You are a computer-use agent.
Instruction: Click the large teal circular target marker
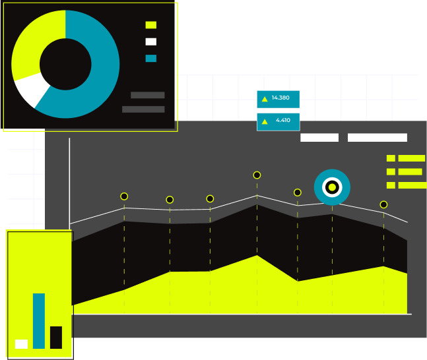(332, 187)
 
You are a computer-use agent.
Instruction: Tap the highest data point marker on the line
(257, 175)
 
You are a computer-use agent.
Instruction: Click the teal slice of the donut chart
(99, 73)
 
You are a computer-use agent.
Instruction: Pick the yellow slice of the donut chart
(33, 46)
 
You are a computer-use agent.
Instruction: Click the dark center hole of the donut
(65, 64)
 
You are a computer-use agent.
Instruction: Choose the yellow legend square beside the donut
(151, 25)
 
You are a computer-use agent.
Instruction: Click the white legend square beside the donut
(151, 42)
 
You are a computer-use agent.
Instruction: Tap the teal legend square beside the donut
(151, 58)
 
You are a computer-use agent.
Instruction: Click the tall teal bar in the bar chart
(39, 321)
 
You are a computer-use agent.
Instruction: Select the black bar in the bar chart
(56, 338)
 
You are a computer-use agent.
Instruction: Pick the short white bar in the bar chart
(21, 344)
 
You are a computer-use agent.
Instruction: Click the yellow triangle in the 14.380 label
(265, 99)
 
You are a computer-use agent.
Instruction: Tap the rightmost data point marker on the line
(383, 204)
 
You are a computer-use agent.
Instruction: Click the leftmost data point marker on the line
(124, 196)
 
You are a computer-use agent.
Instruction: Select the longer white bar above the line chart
(378, 138)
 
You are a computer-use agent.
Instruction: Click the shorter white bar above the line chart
(319, 138)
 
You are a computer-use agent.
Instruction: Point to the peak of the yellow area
(257, 257)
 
